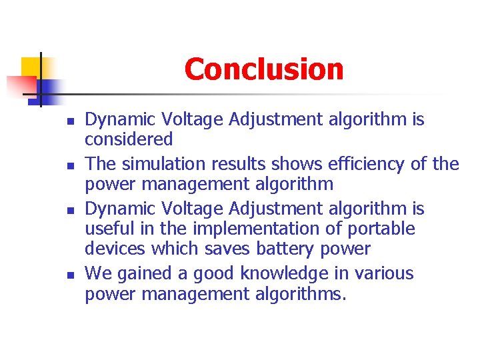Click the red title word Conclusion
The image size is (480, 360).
click(263, 69)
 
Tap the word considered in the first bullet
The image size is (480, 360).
click(129, 139)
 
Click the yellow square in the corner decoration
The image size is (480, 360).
click(31, 67)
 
